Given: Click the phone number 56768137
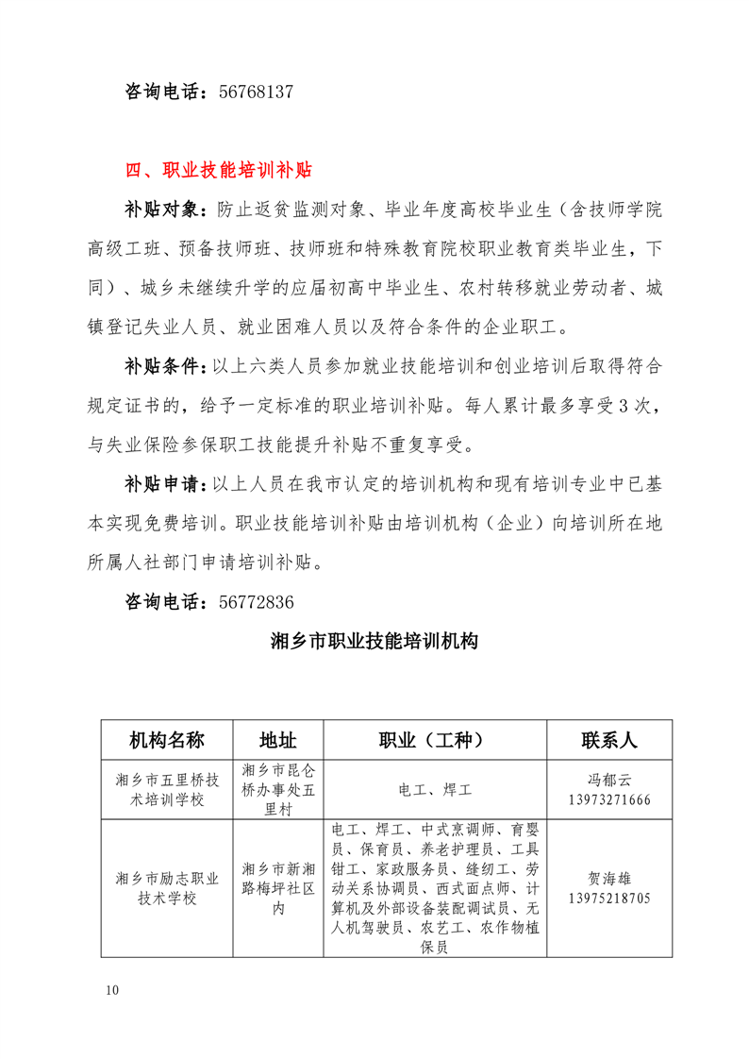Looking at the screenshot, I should (256, 92).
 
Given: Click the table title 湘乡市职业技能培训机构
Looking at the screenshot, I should (374, 643).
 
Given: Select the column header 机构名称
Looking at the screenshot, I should (167, 739).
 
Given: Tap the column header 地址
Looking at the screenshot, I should (277, 739).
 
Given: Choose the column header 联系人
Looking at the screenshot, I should (608, 739).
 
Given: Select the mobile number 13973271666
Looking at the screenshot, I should (608, 799).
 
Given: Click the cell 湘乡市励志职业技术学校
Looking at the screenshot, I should (167, 888).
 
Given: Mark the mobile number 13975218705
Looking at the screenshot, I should (608, 899).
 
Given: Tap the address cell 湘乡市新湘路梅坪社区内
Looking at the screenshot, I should (277, 888).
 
